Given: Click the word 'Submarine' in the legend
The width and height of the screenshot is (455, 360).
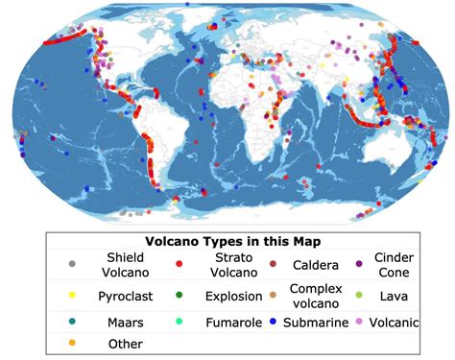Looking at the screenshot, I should point(318,323).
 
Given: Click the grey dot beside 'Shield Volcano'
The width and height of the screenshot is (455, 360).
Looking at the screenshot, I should point(71,262).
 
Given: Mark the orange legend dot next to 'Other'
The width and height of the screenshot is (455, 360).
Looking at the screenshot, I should point(71,343).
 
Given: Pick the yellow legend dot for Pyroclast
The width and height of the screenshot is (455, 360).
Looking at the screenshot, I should point(71,296).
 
